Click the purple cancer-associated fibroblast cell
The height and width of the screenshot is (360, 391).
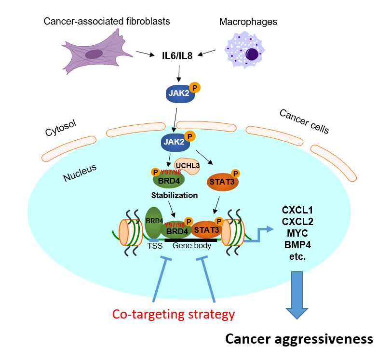[x=96, y=53]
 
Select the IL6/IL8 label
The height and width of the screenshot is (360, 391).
[x=177, y=56]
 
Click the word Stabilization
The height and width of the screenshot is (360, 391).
[x=174, y=196]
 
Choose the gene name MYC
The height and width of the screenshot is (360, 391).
[x=297, y=233]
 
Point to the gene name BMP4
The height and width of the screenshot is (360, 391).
[x=297, y=245]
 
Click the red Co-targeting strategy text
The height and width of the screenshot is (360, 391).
[x=174, y=314]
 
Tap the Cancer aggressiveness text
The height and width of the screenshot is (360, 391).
[x=299, y=339]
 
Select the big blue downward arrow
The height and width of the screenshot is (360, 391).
[x=297, y=294]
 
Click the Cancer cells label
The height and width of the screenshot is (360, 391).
[x=304, y=121]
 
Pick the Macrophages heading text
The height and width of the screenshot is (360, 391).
[x=248, y=22]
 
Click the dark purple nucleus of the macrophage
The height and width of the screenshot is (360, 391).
[x=252, y=54]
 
